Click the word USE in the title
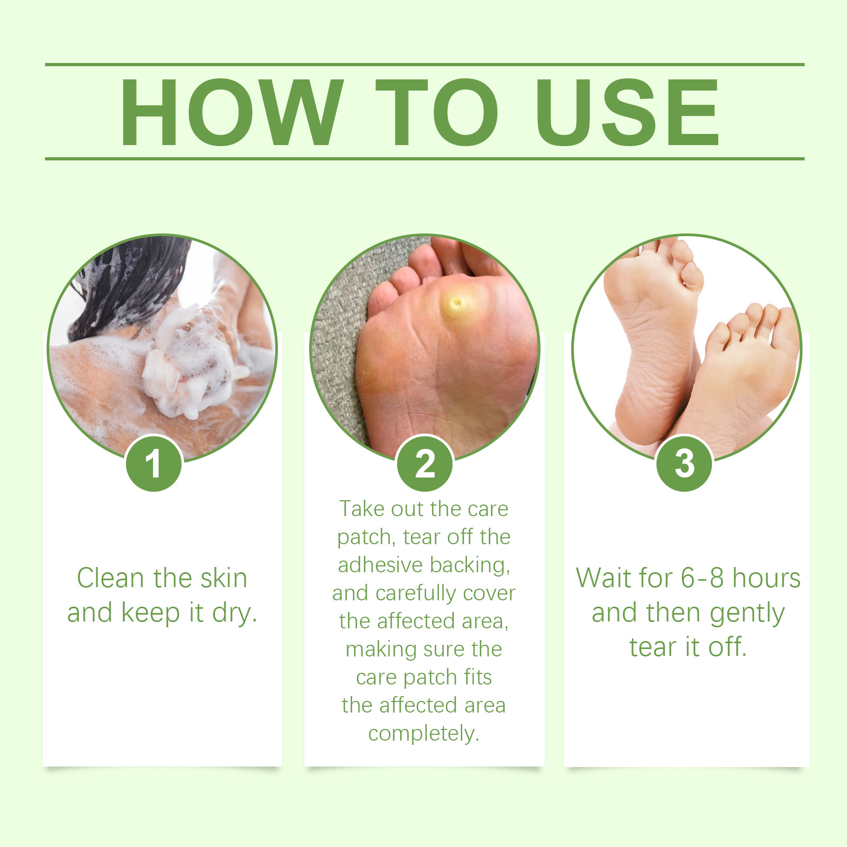[628, 112]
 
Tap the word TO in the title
[437, 112]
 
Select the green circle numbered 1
[154, 463]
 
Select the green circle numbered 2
[425, 463]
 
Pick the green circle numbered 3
[684, 463]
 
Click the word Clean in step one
[111, 578]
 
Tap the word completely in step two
[424, 734]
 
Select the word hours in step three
[767, 578]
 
